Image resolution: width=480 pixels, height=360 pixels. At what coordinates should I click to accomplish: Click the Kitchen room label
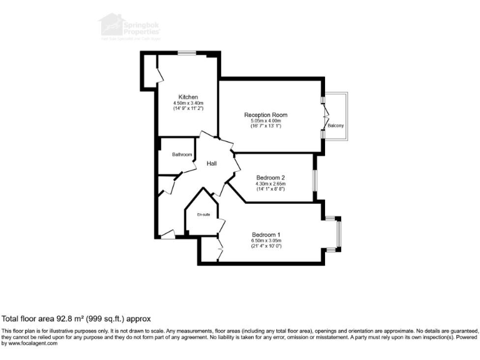(188, 97)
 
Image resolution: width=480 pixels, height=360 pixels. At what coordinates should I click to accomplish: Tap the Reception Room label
(266, 115)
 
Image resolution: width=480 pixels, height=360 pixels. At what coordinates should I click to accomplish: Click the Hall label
(212, 163)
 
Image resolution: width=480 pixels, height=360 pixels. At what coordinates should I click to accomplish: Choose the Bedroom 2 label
(271, 177)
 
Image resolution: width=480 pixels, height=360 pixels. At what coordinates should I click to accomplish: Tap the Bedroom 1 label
(266, 234)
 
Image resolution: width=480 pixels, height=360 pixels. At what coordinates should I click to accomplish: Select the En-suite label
(203, 214)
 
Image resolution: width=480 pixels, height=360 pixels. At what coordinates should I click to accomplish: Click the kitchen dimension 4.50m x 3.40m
(188, 103)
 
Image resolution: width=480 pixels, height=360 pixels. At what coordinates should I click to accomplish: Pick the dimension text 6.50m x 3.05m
(266, 241)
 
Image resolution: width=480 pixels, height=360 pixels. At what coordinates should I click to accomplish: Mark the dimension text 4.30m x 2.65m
(271, 184)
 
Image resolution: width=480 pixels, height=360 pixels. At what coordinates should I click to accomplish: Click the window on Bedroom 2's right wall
(314, 178)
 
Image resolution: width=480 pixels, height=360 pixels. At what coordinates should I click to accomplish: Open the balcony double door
(324, 116)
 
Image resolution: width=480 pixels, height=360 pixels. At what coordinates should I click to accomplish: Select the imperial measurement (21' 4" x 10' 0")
(266, 246)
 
